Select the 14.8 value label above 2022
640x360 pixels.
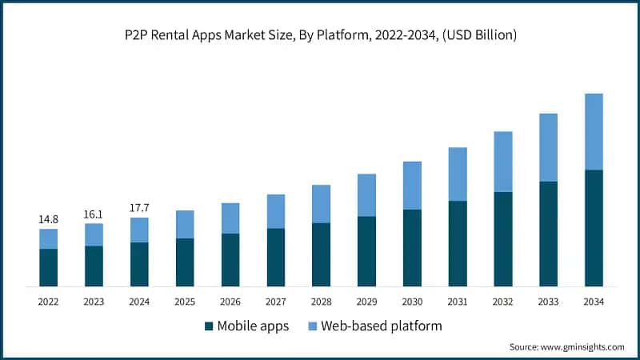[x=49, y=219]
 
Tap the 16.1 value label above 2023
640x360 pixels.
[x=94, y=214]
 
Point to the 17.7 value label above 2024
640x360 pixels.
[x=139, y=208]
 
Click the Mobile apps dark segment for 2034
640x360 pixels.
[x=594, y=228]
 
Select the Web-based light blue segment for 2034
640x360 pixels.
[x=594, y=132]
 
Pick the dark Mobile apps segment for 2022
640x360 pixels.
[x=49, y=267]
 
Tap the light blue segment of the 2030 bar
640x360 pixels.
[x=412, y=186]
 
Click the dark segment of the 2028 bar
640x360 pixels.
[x=321, y=254]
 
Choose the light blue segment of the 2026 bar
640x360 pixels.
[x=230, y=218]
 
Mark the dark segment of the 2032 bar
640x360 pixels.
[x=502, y=239]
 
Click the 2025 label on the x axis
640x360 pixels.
[x=185, y=302]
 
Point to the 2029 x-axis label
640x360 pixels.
[x=366, y=302]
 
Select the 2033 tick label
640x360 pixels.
[x=548, y=302]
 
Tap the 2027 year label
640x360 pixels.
[x=276, y=302]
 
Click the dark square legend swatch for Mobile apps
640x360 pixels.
[x=210, y=326]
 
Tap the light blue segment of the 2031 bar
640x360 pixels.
[x=458, y=174]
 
